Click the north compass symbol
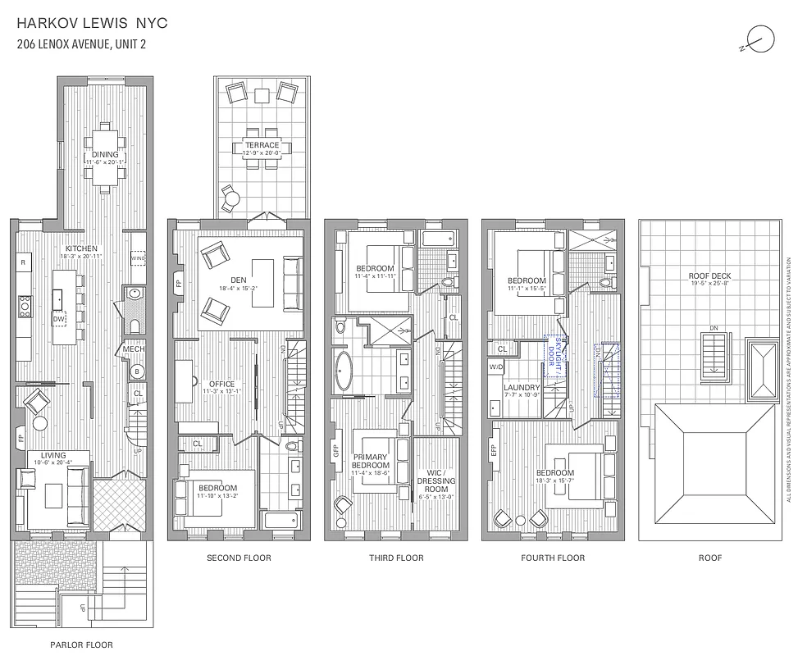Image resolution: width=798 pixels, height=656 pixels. tap(762, 39)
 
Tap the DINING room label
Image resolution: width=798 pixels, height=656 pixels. tap(105, 154)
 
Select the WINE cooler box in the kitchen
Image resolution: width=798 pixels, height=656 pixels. tap(138, 259)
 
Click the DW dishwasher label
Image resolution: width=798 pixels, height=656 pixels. tap(59, 319)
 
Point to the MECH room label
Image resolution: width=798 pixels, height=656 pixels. tap(134, 350)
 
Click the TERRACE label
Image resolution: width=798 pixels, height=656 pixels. tap(261, 145)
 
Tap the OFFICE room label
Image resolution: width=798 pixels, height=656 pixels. tap(221, 384)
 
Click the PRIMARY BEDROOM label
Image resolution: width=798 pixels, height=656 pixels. tap(371, 461)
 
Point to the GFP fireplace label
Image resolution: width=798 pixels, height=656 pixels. tap(335, 450)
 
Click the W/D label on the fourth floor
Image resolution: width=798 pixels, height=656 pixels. tap(496, 367)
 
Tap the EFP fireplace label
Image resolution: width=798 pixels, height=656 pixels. tap(492, 450)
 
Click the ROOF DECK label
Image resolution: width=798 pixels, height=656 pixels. tap(709, 276)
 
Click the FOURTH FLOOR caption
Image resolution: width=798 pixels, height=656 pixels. tap(553, 558)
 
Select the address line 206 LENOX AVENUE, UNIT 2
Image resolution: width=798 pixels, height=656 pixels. tap(81, 44)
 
